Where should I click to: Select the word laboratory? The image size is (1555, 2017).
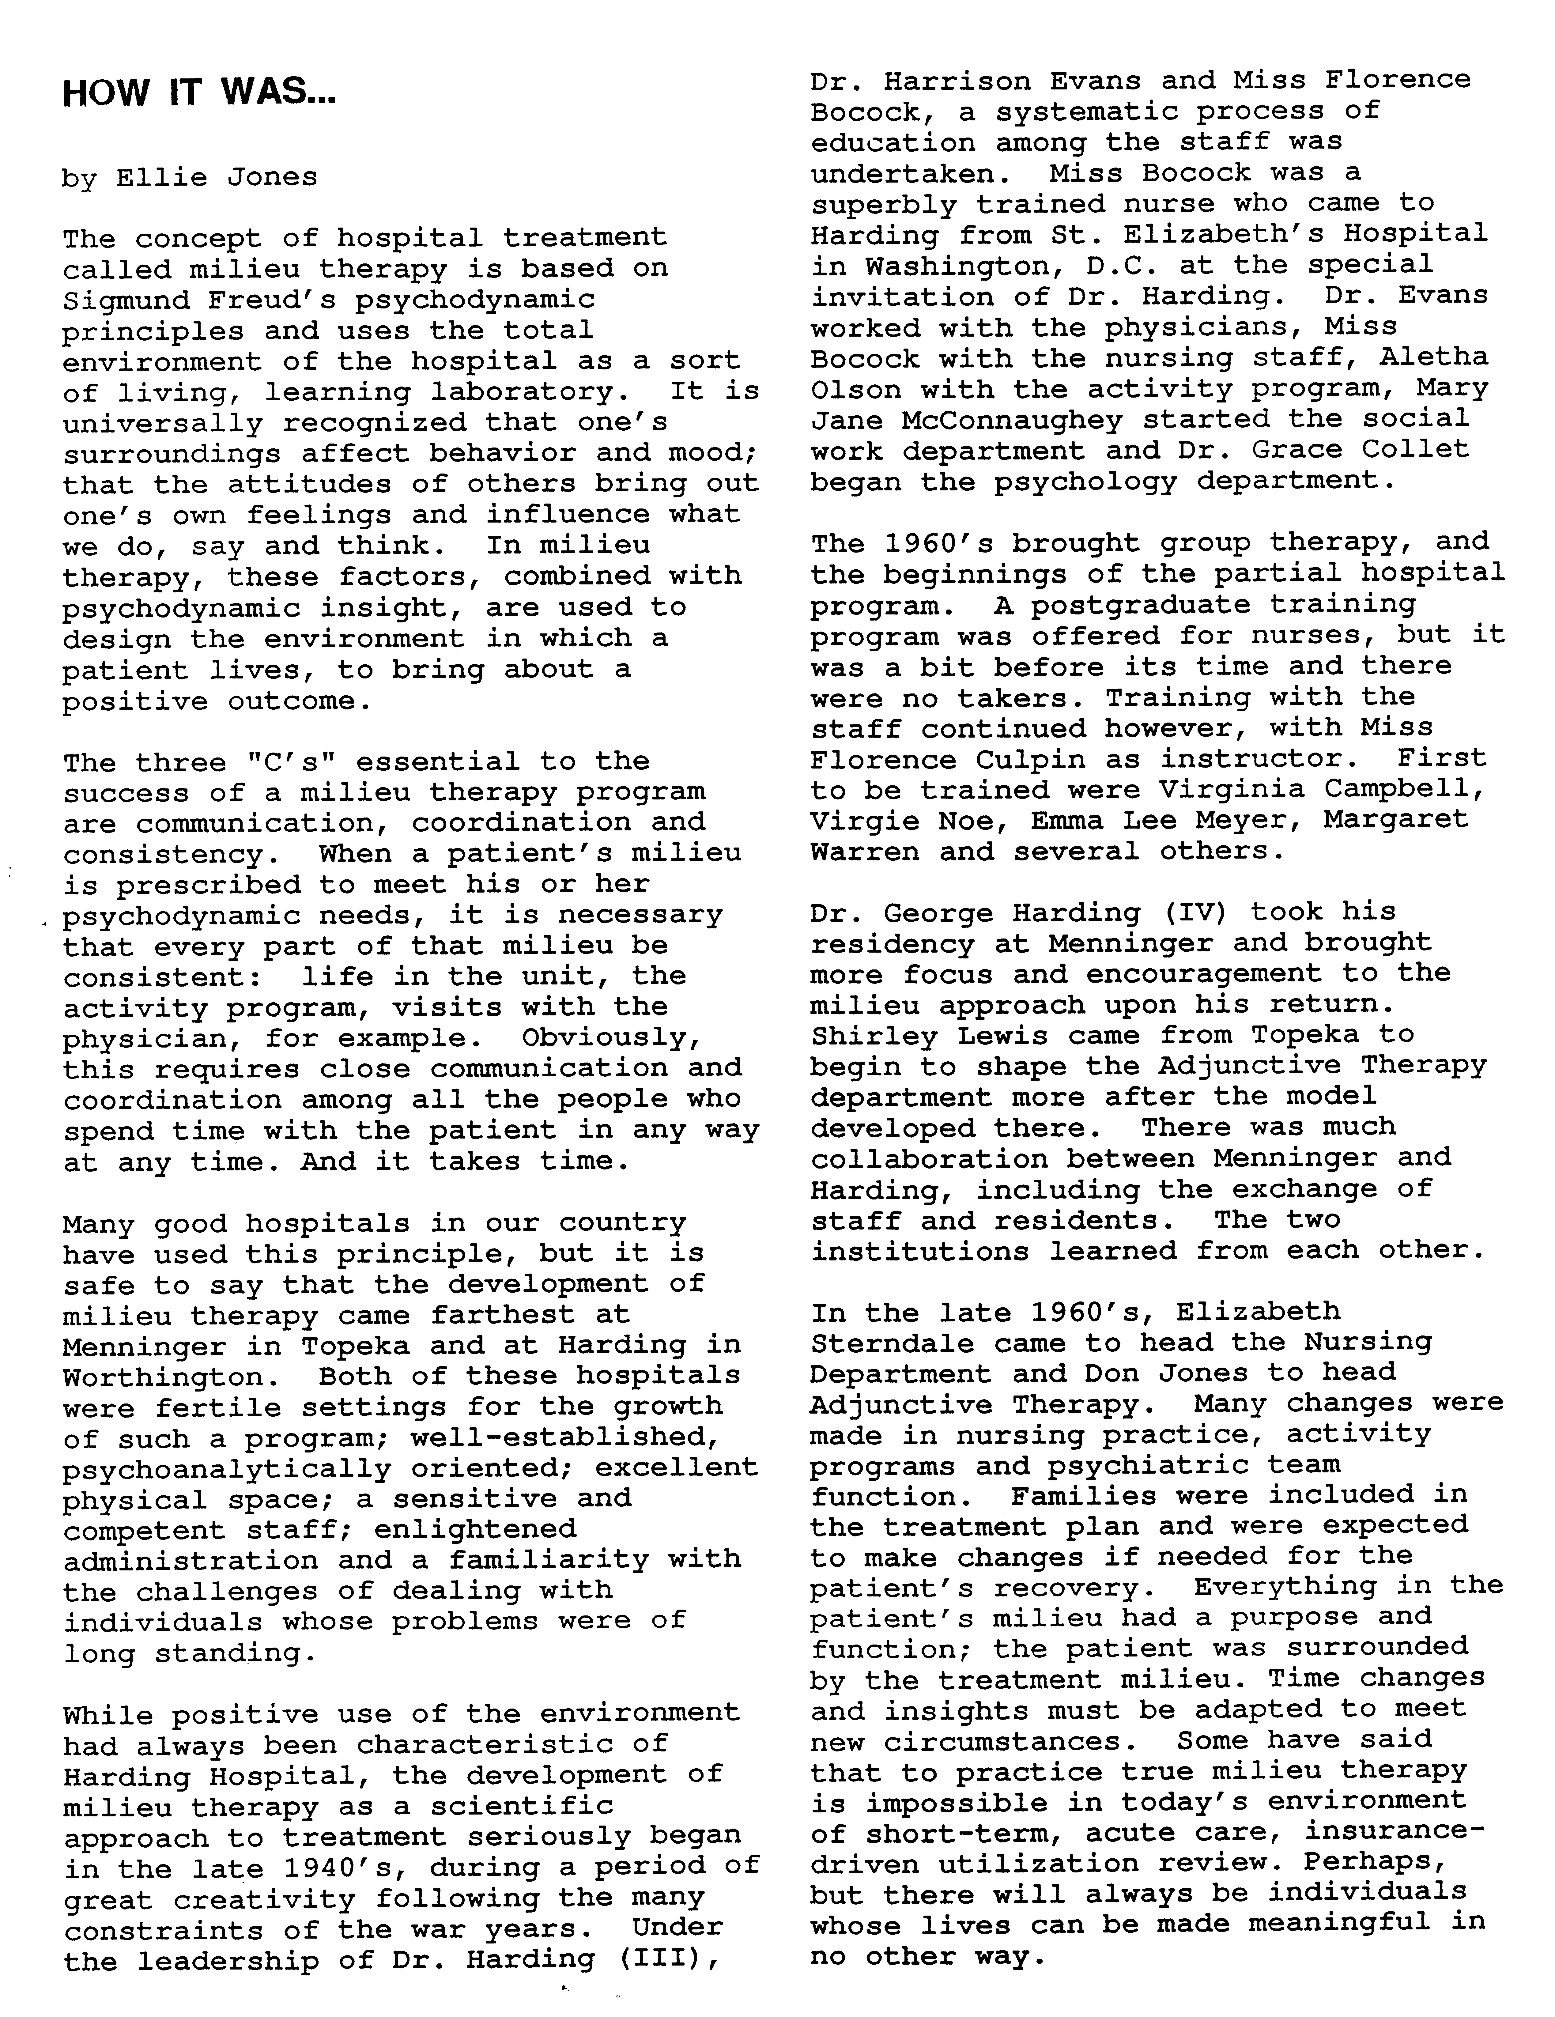[x=523, y=391]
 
